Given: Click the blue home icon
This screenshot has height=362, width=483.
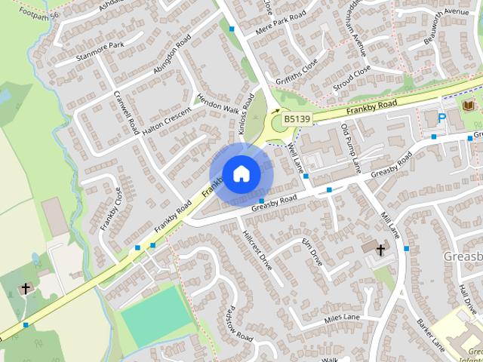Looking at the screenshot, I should click(x=240, y=173).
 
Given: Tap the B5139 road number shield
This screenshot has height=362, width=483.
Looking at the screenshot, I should click(x=297, y=120).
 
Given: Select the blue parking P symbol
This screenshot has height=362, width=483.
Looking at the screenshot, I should click(x=441, y=118).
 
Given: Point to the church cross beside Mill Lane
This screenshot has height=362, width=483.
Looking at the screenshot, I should click(x=380, y=249).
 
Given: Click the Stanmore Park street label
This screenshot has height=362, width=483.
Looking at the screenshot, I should click(x=100, y=51).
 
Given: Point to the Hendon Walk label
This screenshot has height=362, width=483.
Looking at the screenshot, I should click(x=218, y=109).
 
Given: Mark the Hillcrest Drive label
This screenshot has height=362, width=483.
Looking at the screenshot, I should click(x=257, y=247).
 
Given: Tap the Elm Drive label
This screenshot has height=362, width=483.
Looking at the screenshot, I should click(x=312, y=252).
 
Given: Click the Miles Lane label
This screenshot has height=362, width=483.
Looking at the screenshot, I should click(x=342, y=319).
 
